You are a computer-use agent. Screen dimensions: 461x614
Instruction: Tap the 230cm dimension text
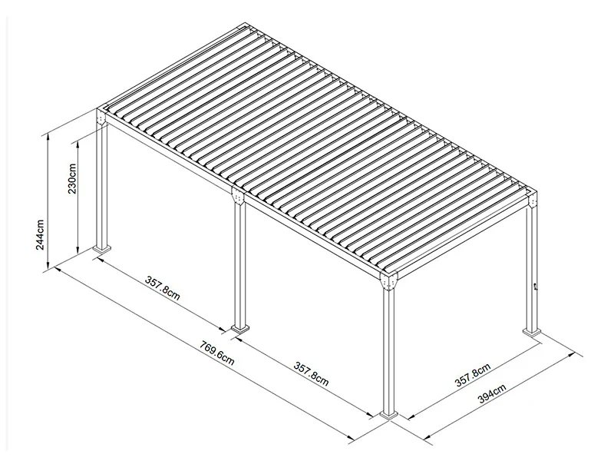pos(72,178)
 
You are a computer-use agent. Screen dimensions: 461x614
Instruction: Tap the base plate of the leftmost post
pos(101,250)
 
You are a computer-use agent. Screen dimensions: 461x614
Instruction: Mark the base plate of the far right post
pos(531,332)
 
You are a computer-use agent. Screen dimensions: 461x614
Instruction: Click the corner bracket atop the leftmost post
pos(101,118)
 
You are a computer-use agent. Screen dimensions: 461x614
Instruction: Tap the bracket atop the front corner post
pos(389,283)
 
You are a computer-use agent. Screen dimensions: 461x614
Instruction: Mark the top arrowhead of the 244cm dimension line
pos(50,137)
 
